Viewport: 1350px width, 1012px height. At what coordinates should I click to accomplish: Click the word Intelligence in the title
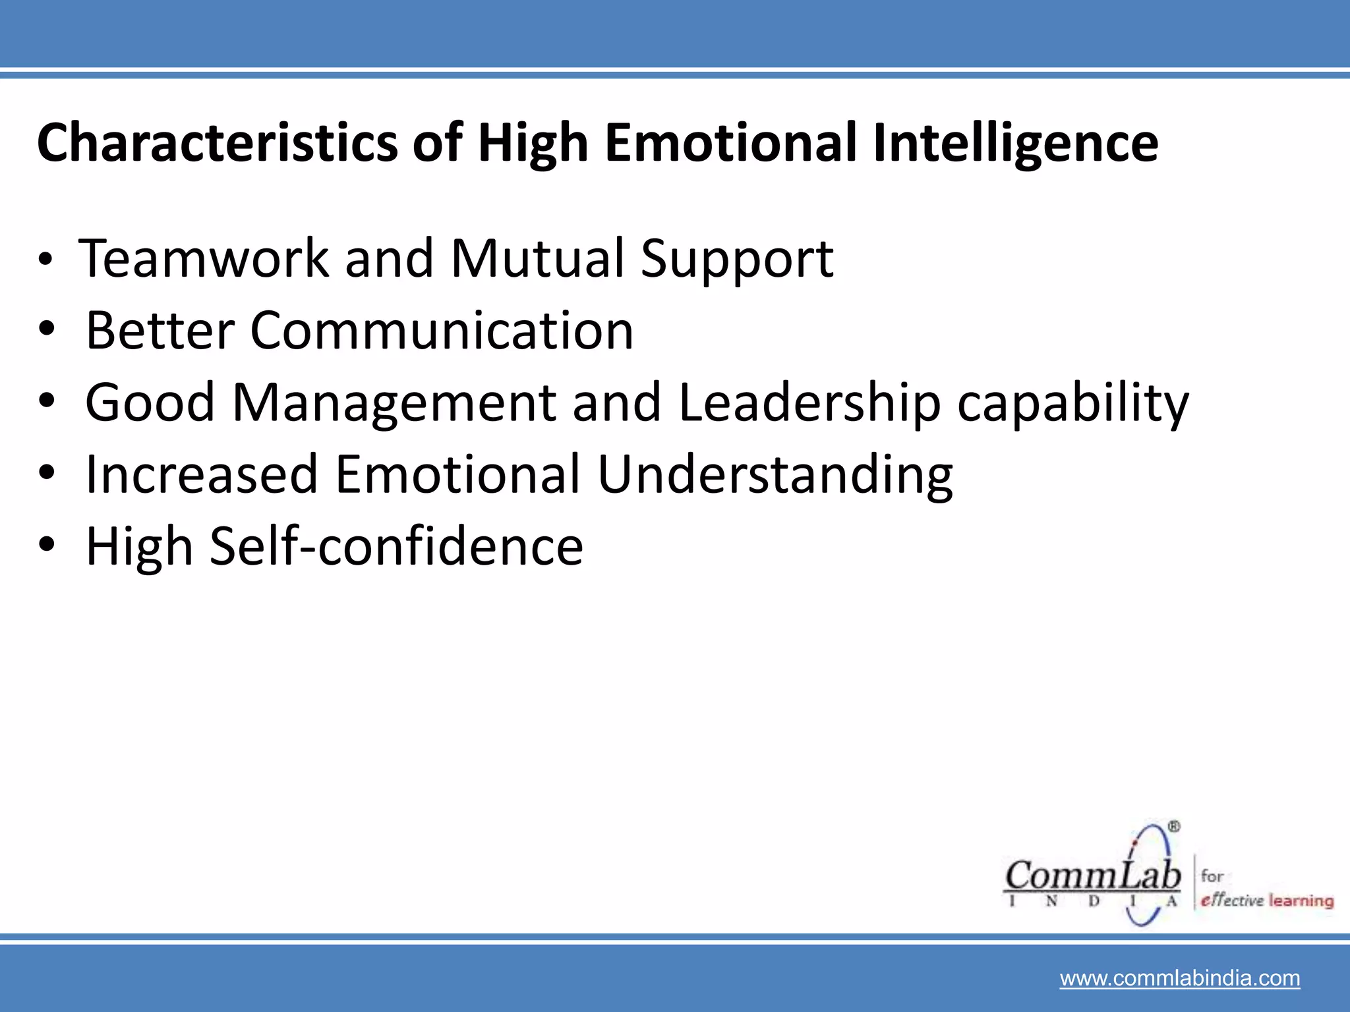pos(1015,142)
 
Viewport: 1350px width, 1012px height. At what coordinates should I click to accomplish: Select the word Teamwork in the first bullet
pos(203,258)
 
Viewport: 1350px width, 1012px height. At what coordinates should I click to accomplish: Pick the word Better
pos(160,330)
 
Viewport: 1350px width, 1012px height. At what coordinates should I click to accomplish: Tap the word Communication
pos(442,330)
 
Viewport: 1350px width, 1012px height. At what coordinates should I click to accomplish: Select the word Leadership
pos(809,403)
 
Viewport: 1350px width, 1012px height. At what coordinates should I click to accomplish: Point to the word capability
pos(1073,403)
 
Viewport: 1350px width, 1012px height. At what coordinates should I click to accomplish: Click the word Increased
pos(202,474)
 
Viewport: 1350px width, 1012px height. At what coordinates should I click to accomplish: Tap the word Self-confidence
pos(396,546)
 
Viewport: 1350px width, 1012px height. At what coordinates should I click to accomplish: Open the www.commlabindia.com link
pos(1180,978)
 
